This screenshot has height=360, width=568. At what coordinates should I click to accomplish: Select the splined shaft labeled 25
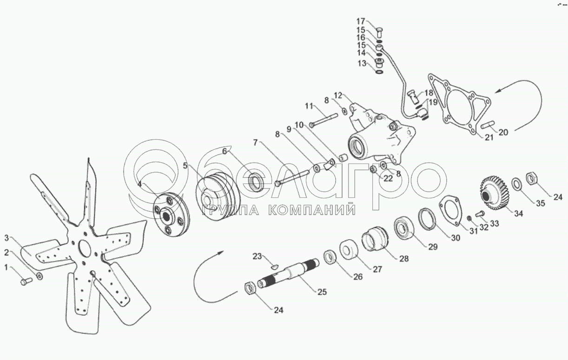[288, 275]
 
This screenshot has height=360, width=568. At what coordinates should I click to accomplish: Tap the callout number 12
[338, 95]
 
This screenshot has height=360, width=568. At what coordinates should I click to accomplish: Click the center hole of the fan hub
[84, 247]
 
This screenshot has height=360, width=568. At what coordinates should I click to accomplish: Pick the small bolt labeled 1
[26, 281]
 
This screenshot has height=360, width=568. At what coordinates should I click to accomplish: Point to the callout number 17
[361, 21]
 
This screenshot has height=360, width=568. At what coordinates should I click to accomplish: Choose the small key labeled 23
[274, 267]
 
